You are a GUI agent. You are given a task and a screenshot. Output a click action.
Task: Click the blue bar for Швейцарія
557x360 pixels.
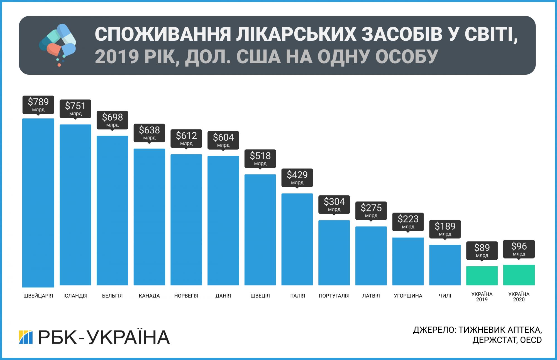pos(38,203)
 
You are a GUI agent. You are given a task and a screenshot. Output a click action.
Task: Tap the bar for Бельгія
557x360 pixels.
pos(112,210)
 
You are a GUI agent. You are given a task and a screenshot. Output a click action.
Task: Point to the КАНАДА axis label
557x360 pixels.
pos(149,296)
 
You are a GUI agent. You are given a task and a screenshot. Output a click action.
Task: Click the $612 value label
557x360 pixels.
pos(186,138)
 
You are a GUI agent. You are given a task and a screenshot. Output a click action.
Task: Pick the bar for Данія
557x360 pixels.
pos(223,220)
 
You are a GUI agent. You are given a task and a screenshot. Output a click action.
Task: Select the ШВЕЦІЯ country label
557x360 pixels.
pos(260,296)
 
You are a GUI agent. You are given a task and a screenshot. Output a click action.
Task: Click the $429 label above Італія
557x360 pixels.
pos(297,177)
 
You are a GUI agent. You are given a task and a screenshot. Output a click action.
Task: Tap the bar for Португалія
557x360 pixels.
pos(334,253)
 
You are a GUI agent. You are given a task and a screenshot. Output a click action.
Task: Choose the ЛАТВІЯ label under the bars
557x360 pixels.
pos(371,296)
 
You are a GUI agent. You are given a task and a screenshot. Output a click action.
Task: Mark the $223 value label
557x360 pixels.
pos(408,222)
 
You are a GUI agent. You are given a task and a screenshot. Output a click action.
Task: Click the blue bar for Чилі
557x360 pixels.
pos(445,265)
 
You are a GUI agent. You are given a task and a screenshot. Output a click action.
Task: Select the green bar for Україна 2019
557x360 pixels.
pos(482,276)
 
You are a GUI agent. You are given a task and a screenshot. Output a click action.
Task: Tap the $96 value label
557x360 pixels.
pos(519,249)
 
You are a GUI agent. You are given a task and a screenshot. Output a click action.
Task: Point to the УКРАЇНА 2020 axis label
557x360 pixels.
pos(519,297)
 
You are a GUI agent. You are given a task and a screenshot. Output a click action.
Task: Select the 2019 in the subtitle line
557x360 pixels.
pos(117,57)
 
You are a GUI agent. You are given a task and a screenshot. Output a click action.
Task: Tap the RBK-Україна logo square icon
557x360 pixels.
pos(26,337)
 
